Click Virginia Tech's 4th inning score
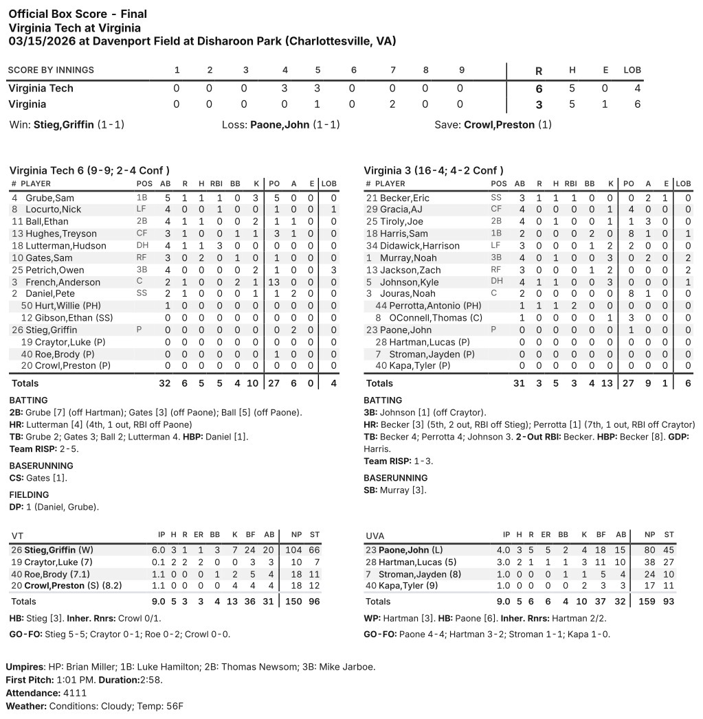(284, 89)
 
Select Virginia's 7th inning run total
(393, 104)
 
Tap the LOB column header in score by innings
(632, 70)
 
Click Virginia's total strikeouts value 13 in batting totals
(607, 383)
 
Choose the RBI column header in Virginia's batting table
(570, 184)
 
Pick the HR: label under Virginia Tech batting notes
(17, 425)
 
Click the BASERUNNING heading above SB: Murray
(395, 478)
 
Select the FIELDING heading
(29, 494)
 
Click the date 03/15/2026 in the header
(41, 41)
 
